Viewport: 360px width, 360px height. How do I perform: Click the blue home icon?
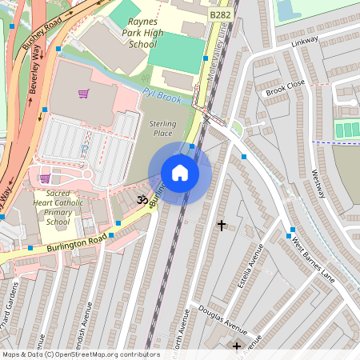(180, 172)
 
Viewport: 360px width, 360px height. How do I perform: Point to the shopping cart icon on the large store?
(83, 94)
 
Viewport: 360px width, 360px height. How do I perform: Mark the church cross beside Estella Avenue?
(222, 226)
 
